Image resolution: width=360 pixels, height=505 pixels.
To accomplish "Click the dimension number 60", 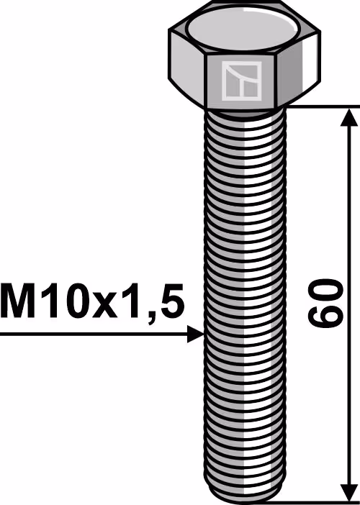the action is pos(324,303).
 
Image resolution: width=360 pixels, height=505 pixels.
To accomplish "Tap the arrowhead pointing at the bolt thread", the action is pos(196,334).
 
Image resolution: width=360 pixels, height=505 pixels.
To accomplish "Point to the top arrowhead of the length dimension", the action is pos(349,117).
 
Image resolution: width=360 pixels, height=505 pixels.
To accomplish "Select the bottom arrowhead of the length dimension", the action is pos(349,492).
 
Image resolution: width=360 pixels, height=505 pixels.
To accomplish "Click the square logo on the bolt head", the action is pos(241,81).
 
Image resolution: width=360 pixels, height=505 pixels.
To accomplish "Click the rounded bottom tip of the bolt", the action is pos(245,494).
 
